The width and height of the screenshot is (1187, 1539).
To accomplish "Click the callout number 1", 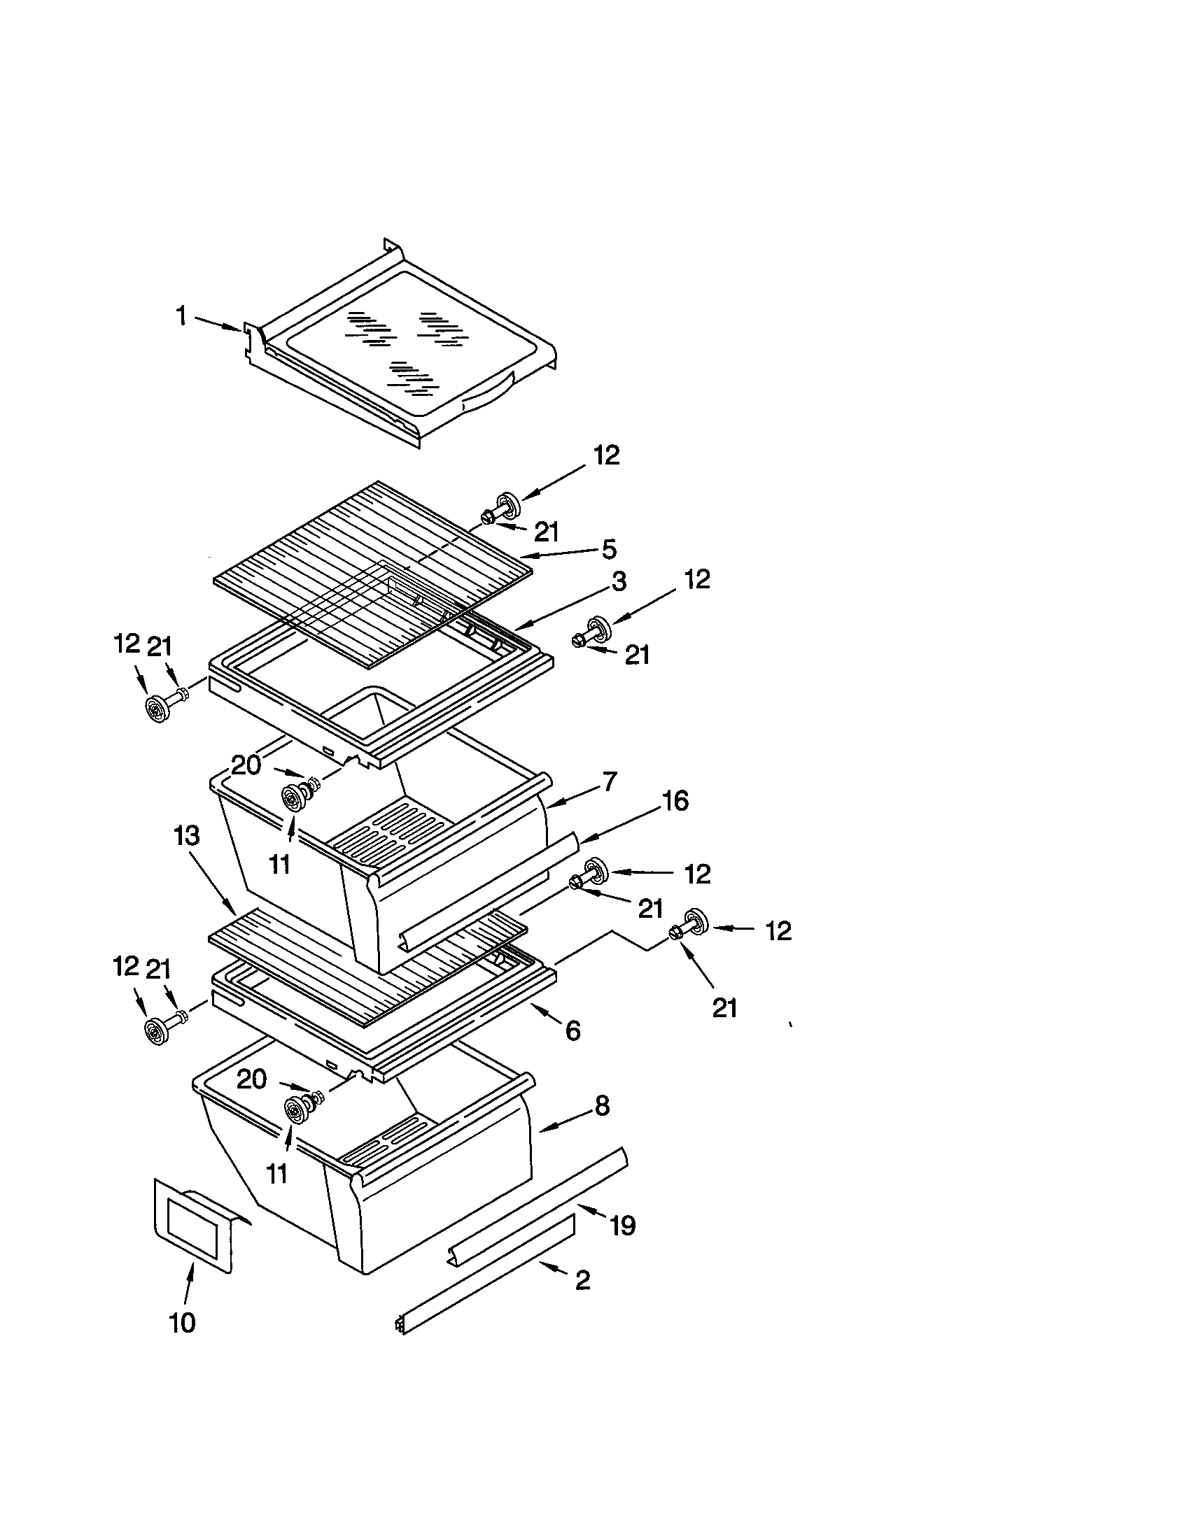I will point(181,316).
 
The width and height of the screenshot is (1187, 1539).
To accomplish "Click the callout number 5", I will point(609,548).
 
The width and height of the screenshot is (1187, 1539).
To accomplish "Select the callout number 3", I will point(618,581).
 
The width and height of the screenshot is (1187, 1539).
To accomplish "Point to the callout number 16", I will point(675,801).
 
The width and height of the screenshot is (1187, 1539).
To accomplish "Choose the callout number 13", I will point(187,837).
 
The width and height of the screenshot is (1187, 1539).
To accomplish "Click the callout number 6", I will point(573,1031).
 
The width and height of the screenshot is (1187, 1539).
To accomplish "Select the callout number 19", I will point(622,1226).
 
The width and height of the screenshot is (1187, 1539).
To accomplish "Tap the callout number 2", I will point(582,1279).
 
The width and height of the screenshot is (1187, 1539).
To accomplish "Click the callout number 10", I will point(182,1323).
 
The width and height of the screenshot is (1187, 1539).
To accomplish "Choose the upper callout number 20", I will point(246,765).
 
